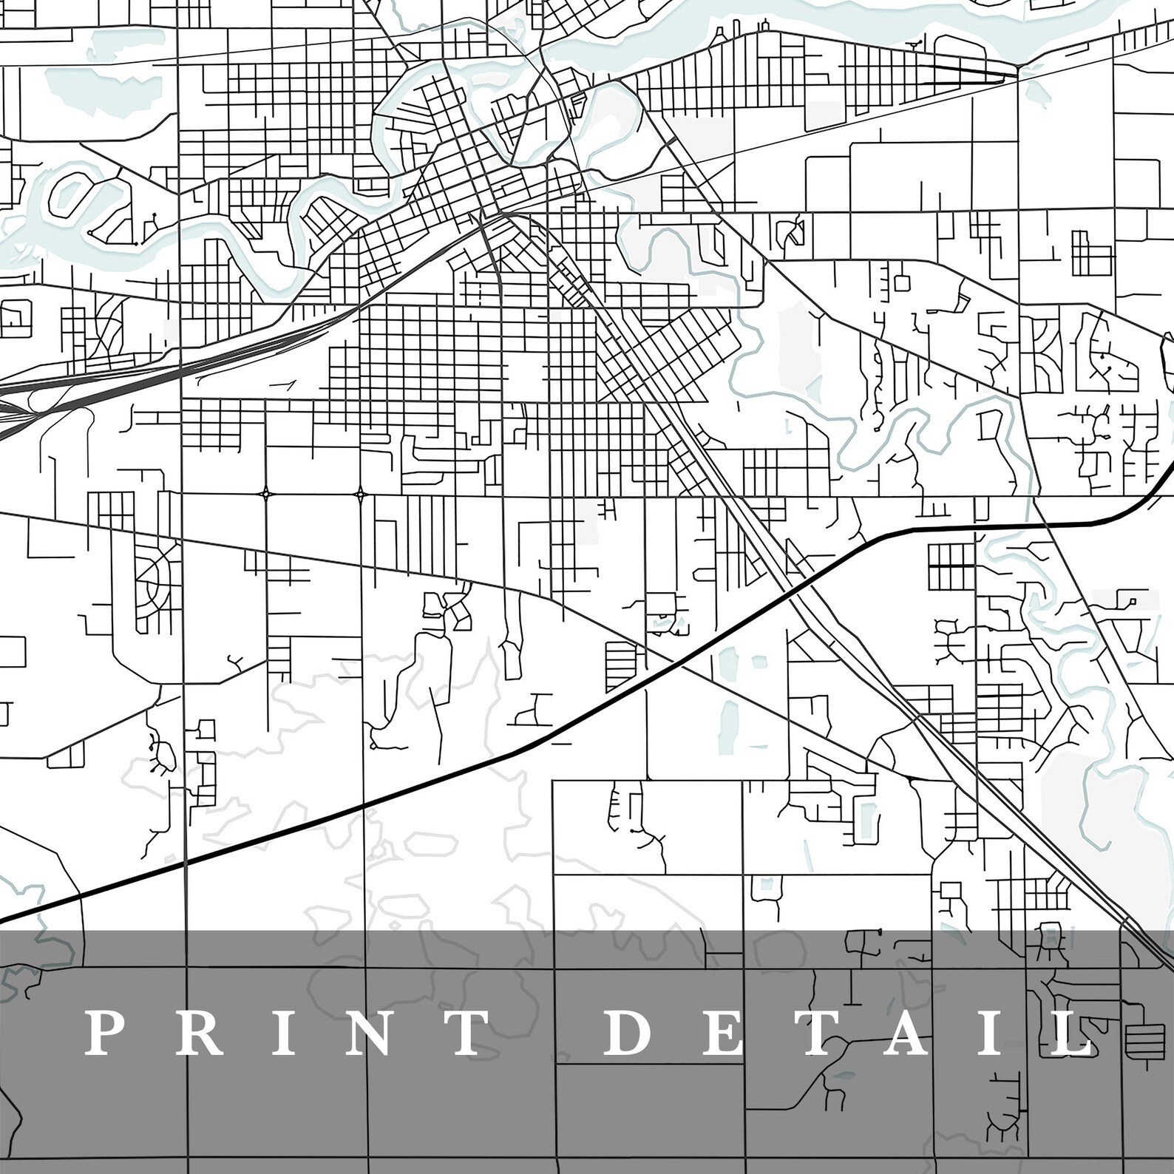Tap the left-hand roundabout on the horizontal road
click(265, 493)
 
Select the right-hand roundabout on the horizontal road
click(360, 493)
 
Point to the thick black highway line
click(444, 776)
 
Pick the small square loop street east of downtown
click(901, 282)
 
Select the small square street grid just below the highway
click(950, 566)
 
